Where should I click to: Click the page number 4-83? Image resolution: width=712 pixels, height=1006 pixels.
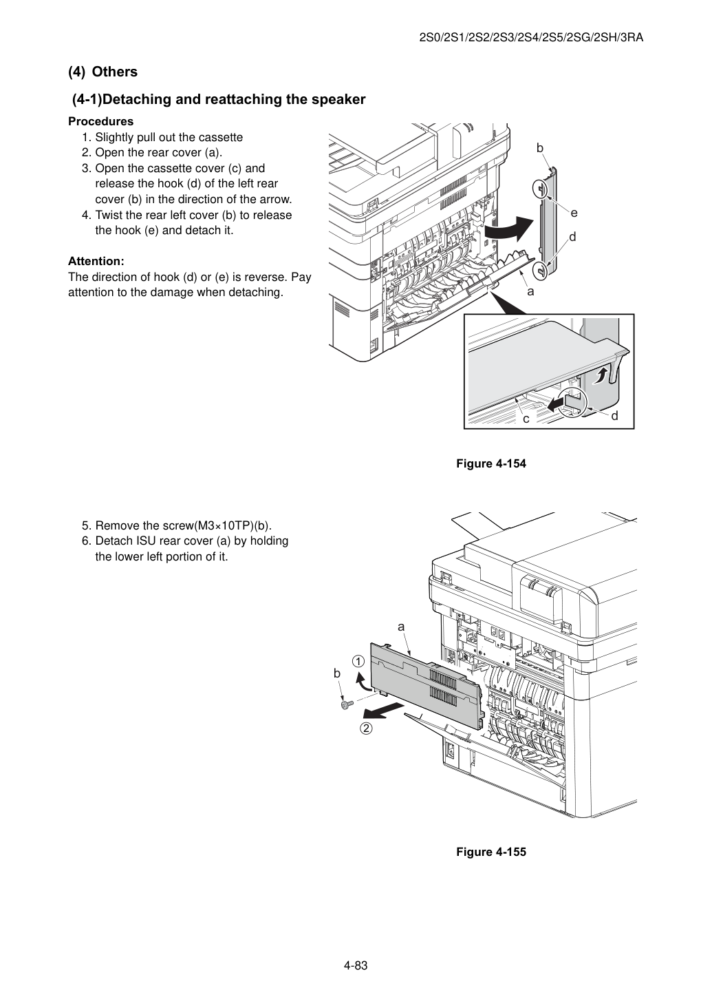click(x=356, y=965)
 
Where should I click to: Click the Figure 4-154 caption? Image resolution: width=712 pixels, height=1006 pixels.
click(x=490, y=463)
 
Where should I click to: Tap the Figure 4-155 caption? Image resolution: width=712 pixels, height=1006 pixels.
click(x=490, y=852)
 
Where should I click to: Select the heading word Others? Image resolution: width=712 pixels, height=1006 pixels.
click(x=115, y=72)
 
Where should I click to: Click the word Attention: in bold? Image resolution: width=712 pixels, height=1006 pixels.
click(x=96, y=261)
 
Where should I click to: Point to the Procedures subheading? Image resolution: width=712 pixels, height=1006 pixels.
click(x=101, y=122)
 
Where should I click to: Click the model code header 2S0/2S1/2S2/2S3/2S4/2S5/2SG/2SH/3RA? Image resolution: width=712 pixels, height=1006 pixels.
click(x=531, y=38)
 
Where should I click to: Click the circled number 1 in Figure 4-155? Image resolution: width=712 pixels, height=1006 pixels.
click(x=358, y=661)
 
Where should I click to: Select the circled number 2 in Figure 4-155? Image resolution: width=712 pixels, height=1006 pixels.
click(x=367, y=728)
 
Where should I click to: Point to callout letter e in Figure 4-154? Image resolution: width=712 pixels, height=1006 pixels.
click(x=574, y=213)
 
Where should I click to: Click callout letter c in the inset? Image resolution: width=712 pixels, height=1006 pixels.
click(x=526, y=419)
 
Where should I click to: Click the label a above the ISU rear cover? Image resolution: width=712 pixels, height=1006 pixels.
click(x=401, y=627)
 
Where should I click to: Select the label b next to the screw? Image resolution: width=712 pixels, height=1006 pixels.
click(x=337, y=673)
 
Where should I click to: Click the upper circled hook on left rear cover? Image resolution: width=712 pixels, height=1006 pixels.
click(x=540, y=188)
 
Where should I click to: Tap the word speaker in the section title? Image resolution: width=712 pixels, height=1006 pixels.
click(x=337, y=100)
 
